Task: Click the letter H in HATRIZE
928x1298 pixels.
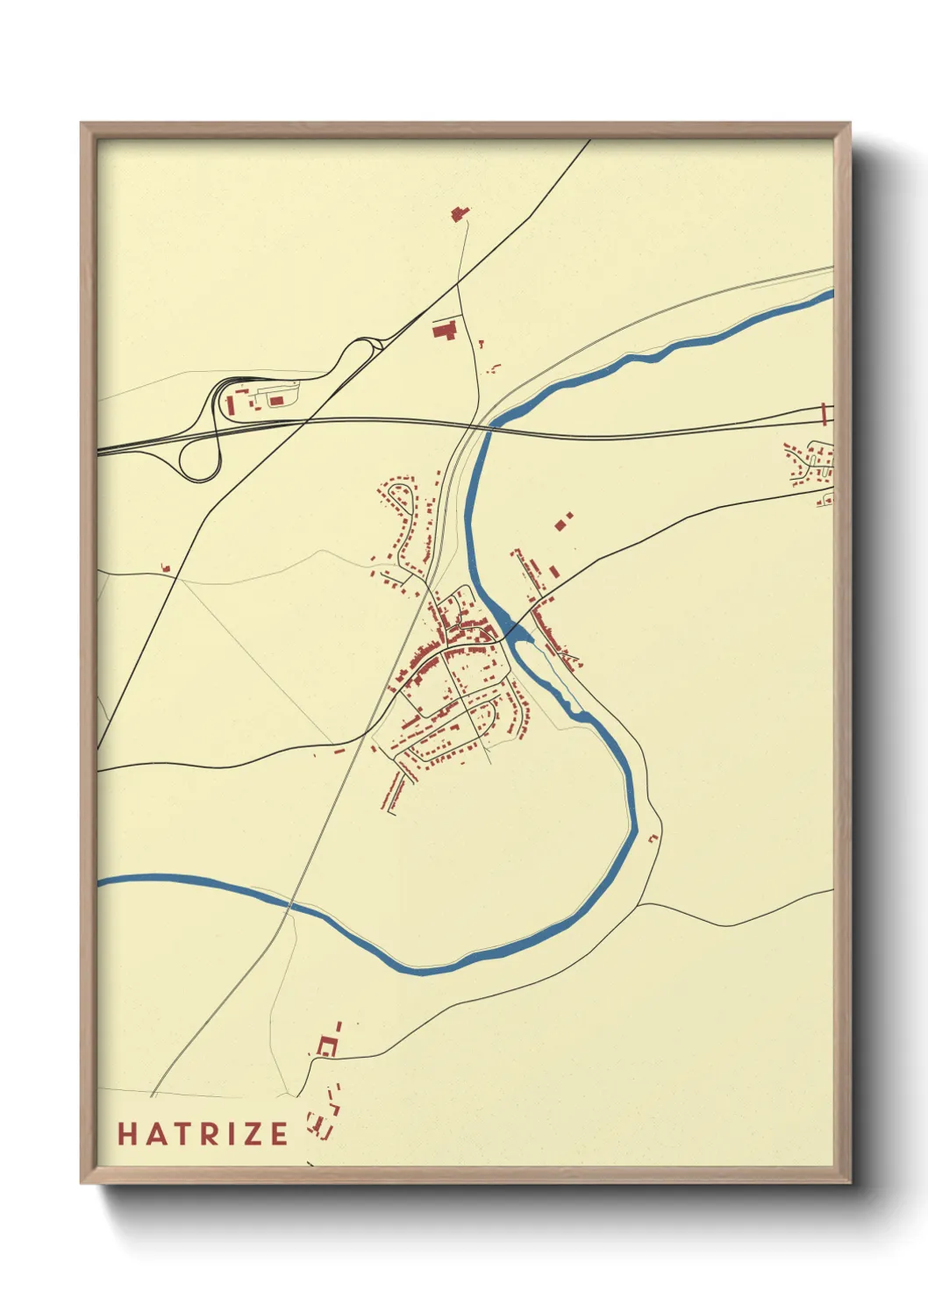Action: click(128, 1134)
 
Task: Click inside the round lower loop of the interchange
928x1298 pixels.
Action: click(199, 457)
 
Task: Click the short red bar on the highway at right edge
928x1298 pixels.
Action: click(824, 414)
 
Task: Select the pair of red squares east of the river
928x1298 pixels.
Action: click(563, 522)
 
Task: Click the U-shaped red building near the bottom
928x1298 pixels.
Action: click(327, 1045)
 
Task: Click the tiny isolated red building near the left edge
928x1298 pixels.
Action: click(165, 568)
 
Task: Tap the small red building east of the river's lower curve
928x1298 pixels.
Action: click(652, 838)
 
